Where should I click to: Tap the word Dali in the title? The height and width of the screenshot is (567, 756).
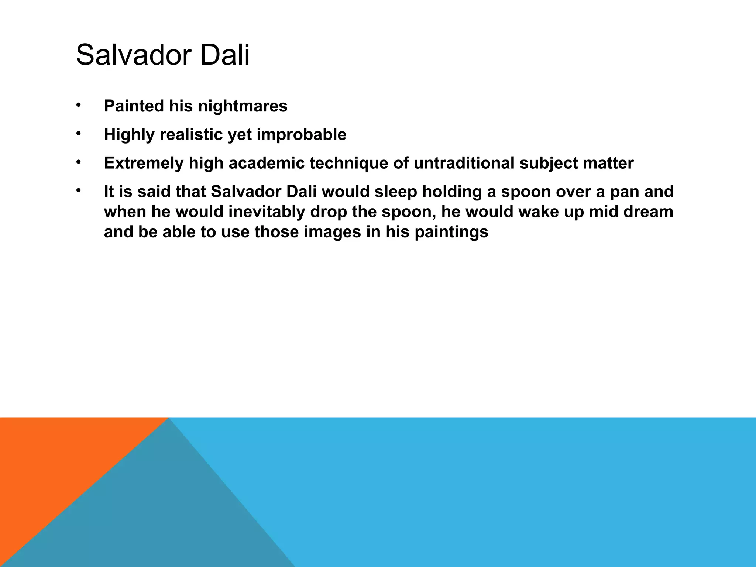[225, 55]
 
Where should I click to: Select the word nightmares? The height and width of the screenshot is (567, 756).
[243, 106]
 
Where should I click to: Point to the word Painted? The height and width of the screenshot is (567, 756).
[134, 106]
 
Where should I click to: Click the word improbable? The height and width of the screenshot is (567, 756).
[301, 135]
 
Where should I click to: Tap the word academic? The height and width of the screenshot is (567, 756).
[266, 163]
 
